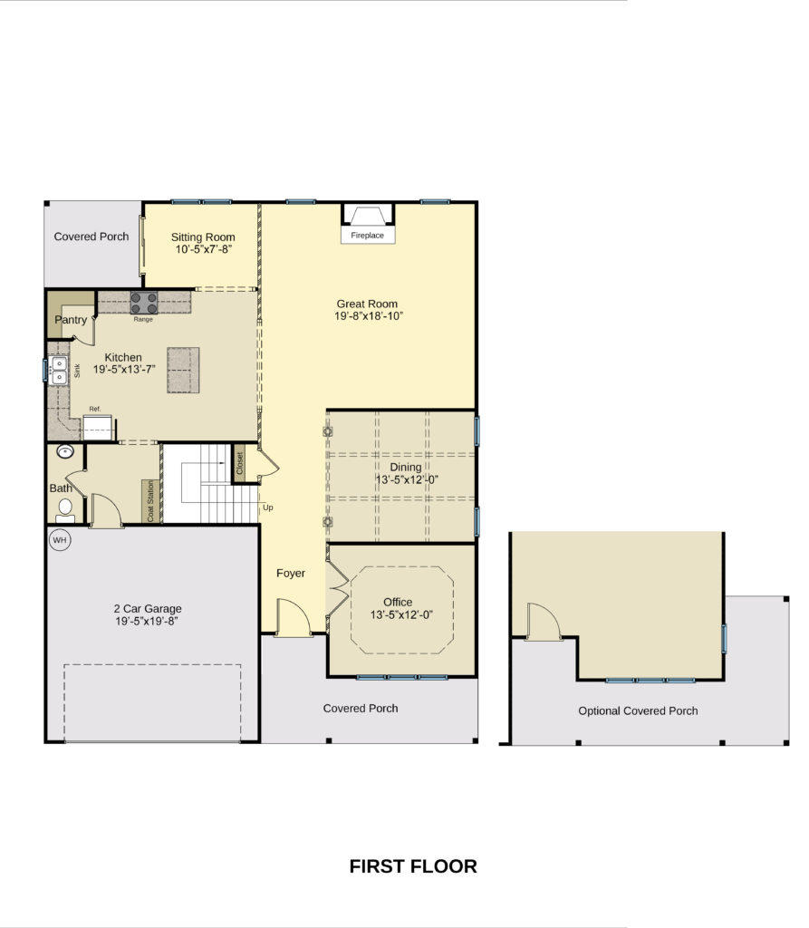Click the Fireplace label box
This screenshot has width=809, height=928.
click(368, 235)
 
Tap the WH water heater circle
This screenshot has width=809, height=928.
click(60, 540)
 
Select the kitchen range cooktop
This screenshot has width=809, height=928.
click(144, 303)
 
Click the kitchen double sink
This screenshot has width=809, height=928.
click(59, 371)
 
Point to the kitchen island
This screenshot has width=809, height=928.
click(183, 371)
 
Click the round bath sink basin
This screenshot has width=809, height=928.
click(65, 452)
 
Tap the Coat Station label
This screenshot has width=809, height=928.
click(150, 501)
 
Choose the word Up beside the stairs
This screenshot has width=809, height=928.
click(268, 507)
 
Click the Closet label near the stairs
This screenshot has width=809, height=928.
click(240, 463)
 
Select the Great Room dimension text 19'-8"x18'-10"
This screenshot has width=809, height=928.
click(369, 316)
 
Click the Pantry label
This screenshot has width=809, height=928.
click(71, 320)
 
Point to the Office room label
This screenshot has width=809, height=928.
click(398, 602)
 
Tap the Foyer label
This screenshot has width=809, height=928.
click(291, 573)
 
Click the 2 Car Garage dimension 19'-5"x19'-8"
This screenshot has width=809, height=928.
click(147, 621)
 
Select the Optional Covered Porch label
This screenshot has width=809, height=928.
click(638, 710)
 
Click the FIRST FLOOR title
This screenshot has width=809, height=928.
click(413, 866)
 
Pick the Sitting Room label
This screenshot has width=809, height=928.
click(203, 237)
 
